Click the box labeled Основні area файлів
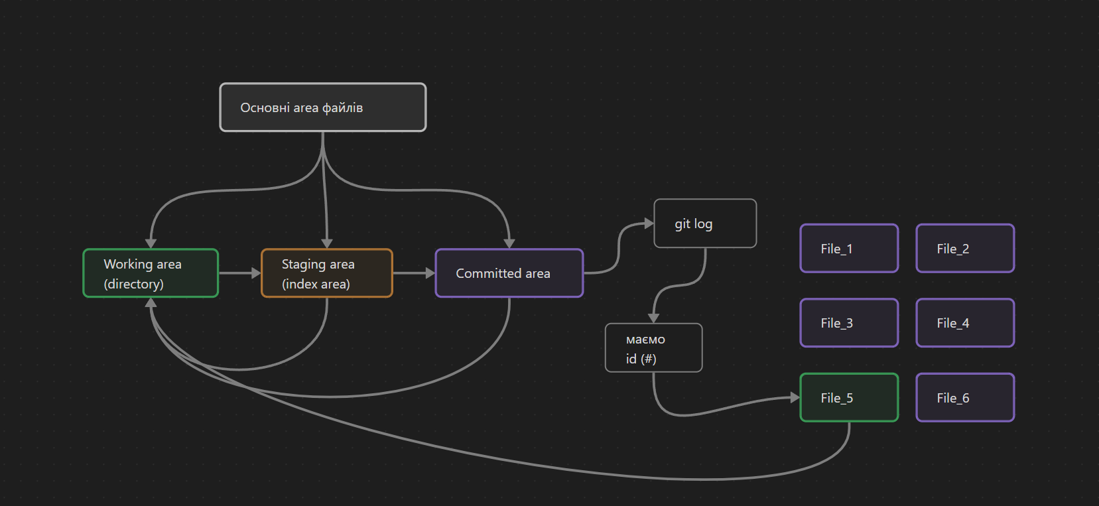322,107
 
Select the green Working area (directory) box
151,273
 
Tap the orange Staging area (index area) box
327,273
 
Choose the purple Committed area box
509,273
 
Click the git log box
705,223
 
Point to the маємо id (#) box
653,348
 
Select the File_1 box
849,249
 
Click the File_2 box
965,249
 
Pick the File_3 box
849,323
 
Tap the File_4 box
965,323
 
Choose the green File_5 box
849,398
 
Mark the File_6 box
965,398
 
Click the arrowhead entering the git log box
649,223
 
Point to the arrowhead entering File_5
795,398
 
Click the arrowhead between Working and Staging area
256,273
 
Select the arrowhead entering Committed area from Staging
430,273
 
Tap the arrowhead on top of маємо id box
653,318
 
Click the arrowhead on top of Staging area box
327,243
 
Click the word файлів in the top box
342,108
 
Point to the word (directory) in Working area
133,284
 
